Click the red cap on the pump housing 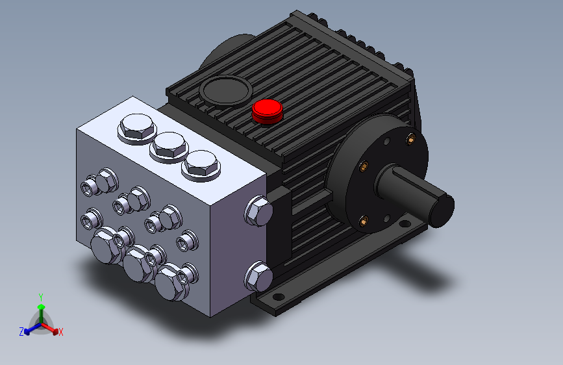[267, 111]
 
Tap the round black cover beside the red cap [226, 90]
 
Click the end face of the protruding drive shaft [442, 211]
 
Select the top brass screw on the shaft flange [411, 138]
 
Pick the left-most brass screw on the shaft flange [364, 166]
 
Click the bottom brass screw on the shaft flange [364, 221]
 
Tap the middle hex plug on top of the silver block [169, 146]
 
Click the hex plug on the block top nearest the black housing [201, 165]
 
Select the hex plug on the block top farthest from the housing [137, 128]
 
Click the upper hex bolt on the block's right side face [258, 211]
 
